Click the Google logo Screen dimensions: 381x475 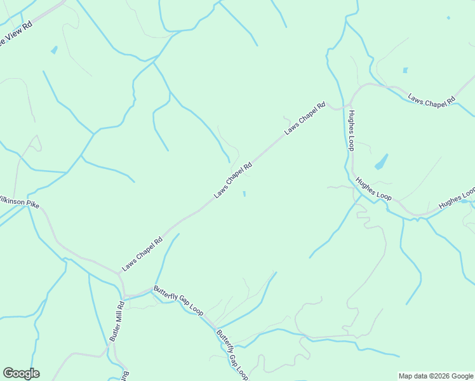pos(21,373)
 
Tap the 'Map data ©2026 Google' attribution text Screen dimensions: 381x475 pos(436,376)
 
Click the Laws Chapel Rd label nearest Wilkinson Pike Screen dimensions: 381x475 pos(142,254)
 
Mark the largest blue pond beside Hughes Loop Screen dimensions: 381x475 pos(381,162)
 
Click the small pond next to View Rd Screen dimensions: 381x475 pos(54,50)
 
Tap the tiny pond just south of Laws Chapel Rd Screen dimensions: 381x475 pos(245,194)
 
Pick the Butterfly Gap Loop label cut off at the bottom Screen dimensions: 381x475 pos(231,355)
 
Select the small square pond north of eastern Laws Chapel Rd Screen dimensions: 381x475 pos(405,70)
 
